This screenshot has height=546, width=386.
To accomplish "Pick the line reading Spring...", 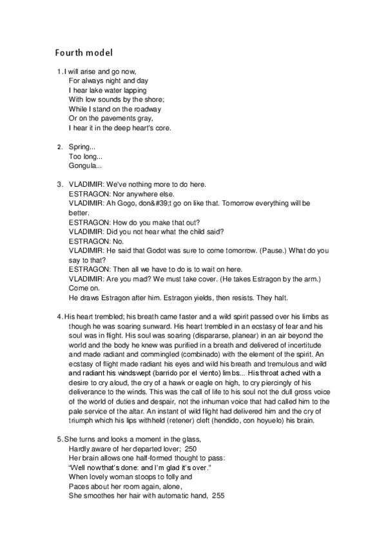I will click(x=82, y=147).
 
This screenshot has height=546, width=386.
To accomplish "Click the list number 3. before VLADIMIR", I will click(x=60, y=185).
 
